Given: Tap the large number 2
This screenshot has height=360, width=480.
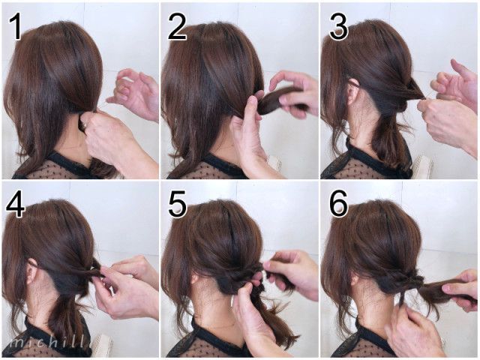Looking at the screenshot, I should point(177,28).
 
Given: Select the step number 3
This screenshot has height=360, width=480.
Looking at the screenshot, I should point(338,28).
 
